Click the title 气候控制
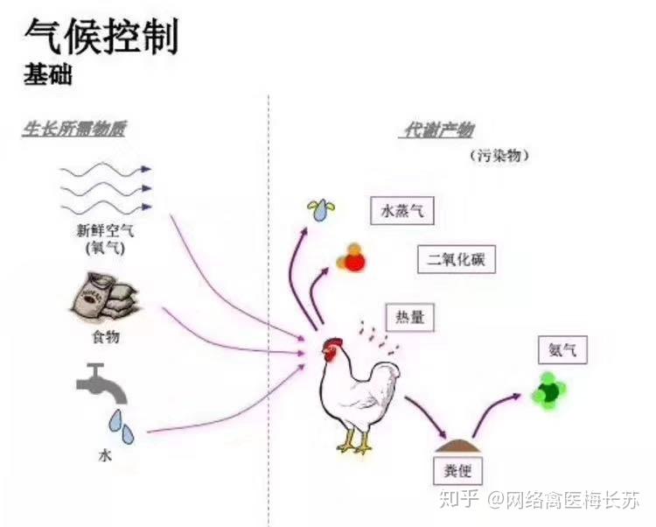click(101, 37)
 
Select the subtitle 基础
click(47, 75)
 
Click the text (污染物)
click(499, 156)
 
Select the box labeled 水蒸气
click(402, 211)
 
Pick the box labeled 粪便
click(458, 469)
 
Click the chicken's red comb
click(331, 344)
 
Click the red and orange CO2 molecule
click(352, 258)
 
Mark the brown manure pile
click(457, 434)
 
